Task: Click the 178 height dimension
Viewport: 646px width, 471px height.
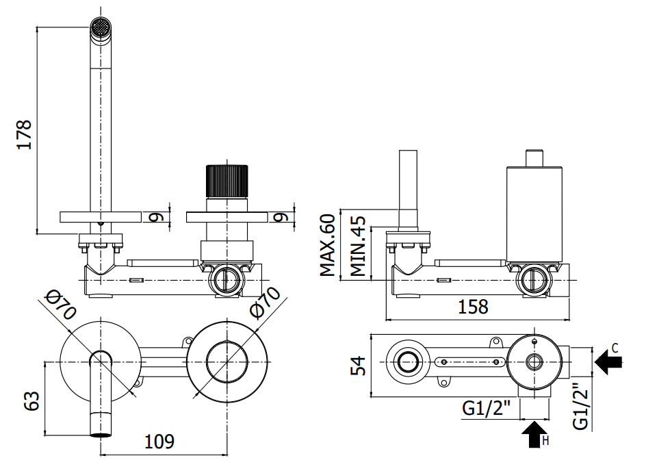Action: pyautogui.click(x=23, y=134)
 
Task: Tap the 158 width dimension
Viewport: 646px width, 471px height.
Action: pyautogui.click(x=473, y=306)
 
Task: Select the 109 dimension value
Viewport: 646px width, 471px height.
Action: pyautogui.click(x=159, y=442)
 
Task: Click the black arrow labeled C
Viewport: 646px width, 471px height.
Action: pyautogui.click(x=608, y=361)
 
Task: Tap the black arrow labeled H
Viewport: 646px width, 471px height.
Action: pyautogui.click(x=532, y=435)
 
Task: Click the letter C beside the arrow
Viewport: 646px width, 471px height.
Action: pyautogui.click(x=615, y=348)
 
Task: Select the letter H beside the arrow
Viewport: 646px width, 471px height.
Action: pyautogui.click(x=545, y=441)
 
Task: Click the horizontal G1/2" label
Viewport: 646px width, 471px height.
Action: pyautogui.click(x=487, y=409)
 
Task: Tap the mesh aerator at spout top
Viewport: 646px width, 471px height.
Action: pyautogui.click(x=101, y=29)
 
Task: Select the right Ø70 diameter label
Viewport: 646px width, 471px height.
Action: pyautogui.click(x=265, y=302)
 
